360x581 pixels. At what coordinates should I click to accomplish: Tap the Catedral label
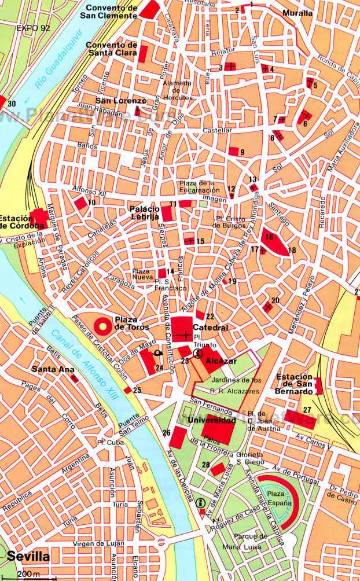pyautogui.click(x=211, y=328)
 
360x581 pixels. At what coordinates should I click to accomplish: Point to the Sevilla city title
pyautogui.click(x=28, y=557)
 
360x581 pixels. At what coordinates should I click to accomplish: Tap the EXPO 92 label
pyautogui.click(x=34, y=27)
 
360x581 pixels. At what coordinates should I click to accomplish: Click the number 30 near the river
pyautogui.click(x=12, y=104)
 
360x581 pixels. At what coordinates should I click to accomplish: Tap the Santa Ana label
pyautogui.click(x=47, y=369)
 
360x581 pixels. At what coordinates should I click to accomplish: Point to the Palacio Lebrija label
pyautogui.click(x=144, y=212)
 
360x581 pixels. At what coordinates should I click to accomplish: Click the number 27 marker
pyautogui.click(x=307, y=410)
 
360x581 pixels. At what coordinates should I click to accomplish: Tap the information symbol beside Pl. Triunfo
pyautogui.click(x=199, y=353)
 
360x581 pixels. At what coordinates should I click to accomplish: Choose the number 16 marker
pyautogui.click(x=269, y=237)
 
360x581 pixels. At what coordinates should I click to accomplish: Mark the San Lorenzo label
pyautogui.click(x=114, y=100)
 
